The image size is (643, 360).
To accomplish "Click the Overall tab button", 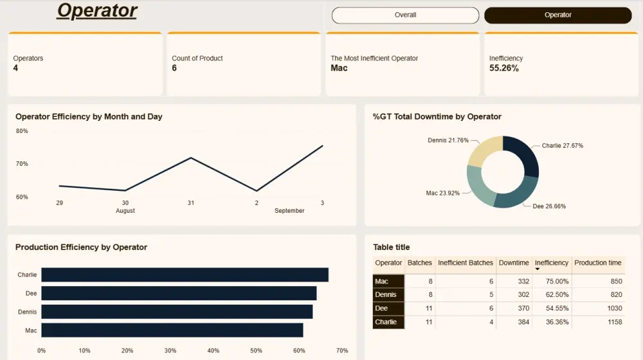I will click(x=405, y=15).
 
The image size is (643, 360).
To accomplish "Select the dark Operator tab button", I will click(x=557, y=15).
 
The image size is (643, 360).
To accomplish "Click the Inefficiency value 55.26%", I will click(x=504, y=68).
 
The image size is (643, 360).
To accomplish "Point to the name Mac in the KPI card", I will click(x=339, y=68).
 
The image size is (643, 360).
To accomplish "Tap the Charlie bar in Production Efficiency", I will click(x=185, y=274).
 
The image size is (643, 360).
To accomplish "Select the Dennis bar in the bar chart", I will click(x=177, y=312).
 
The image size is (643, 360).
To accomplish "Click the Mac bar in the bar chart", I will click(x=172, y=330).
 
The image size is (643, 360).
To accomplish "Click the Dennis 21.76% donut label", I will click(x=448, y=140).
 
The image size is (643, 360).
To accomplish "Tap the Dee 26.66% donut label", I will click(x=549, y=206).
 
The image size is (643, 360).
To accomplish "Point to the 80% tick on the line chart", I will click(x=22, y=131).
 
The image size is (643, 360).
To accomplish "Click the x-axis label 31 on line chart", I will click(x=191, y=203).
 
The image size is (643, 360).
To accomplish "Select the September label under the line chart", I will click(x=289, y=211).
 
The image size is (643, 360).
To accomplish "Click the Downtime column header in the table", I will click(x=514, y=263).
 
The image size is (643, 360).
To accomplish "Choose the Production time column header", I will click(x=597, y=263).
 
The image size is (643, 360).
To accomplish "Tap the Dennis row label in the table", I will click(x=386, y=295).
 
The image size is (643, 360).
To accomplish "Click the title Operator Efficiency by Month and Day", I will click(x=89, y=117).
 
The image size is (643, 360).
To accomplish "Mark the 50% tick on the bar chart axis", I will click(x=256, y=350).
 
